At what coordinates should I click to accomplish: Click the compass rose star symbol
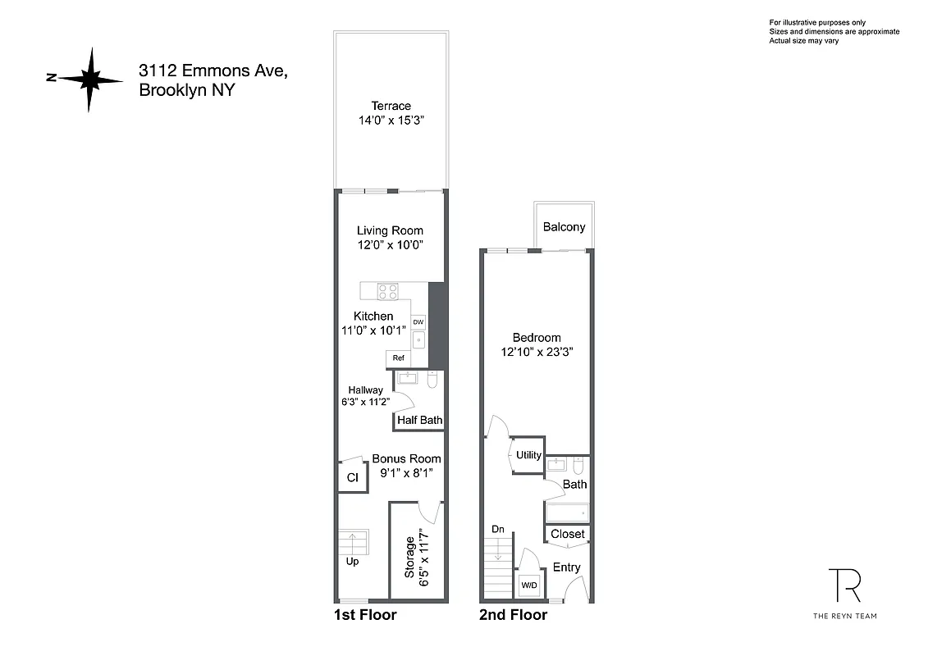(x=90, y=79)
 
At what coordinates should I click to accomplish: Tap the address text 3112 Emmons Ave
(x=213, y=72)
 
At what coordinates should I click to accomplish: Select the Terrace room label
(x=391, y=106)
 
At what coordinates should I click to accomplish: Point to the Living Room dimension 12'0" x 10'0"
(x=390, y=245)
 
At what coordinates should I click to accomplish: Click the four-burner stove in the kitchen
(x=388, y=290)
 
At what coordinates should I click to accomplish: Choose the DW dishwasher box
(x=418, y=322)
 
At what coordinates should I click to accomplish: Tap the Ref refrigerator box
(x=398, y=358)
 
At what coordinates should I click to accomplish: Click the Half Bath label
(x=419, y=421)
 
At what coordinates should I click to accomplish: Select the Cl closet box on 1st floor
(x=352, y=478)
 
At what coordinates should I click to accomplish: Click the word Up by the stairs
(x=352, y=562)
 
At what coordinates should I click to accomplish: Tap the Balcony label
(x=564, y=226)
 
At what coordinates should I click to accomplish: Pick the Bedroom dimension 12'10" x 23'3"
(x=537, y=352)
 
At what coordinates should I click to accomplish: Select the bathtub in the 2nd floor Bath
(x=567, y=514)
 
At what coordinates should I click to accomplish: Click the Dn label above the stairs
(x=498, y=530)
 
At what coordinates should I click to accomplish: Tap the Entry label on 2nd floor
(x=566, y=567)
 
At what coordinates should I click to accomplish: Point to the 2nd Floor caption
(x=513, y=615)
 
